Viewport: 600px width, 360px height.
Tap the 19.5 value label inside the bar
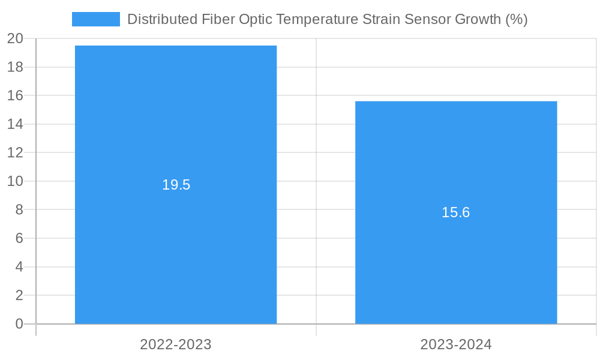[x=176, y=185]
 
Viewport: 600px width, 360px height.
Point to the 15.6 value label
[x=456, y=212]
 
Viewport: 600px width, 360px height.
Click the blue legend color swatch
[x=96, y=19]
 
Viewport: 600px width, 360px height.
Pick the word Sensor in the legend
[x=426, y=19]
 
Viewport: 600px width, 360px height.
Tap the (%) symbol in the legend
[x=516, y=19]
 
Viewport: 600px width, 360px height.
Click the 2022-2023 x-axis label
[x=176, y=344]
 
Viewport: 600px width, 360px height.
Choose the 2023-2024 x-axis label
[x=456, y=344]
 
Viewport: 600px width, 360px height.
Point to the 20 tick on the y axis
[x=15, y=39]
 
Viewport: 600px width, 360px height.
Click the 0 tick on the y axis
[x=19, y=324]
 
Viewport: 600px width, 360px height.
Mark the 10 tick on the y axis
[x=15, y=181]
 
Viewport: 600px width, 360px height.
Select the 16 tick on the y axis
[x=15, y=96]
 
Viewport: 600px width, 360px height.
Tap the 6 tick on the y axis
[x=19, y=238]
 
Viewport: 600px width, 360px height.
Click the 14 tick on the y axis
[x=15, y=124]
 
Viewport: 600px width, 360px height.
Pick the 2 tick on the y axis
[x=19, y=295]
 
